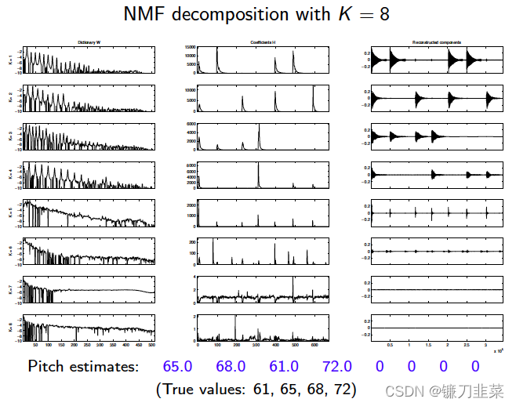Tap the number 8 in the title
click(383, 14)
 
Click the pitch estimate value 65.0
click(178, 366)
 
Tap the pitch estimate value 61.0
click(284, 366)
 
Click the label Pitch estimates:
click(83, 366)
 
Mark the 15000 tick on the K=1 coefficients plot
click(189, 49)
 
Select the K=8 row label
click(9, 327)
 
